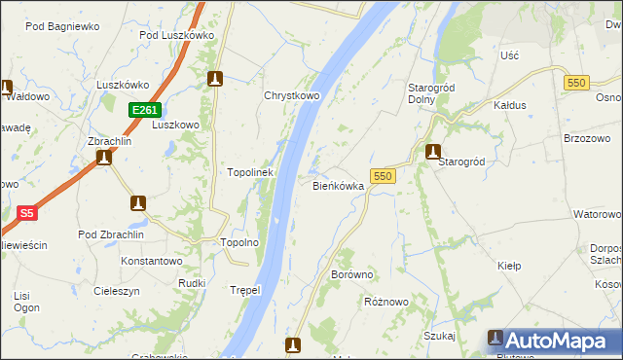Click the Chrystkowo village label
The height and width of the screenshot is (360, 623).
[x=292, y=95]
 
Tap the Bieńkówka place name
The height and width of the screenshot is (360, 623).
[x=338, y=185]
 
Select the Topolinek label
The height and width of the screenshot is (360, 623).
[x=250, y=172]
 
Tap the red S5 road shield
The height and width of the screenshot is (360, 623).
[x=26, y=212]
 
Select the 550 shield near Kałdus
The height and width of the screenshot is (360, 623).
[x=574, y=84]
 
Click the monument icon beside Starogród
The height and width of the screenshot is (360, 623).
[x=433, y=151]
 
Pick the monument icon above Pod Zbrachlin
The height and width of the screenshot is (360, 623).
[x=138, y=202]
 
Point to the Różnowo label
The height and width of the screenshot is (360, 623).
[x=385, y=302]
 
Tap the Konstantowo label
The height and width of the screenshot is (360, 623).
[x=152, y=261]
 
